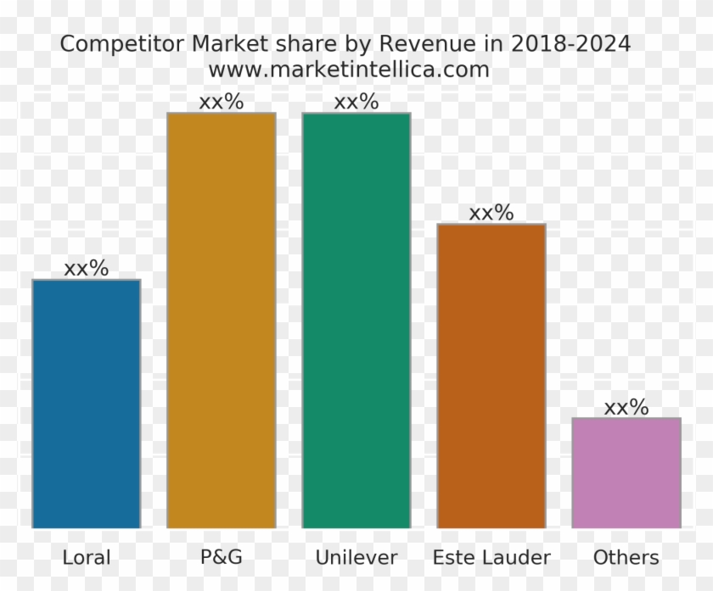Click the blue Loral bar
(x=86, y=404)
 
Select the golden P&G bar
(x=221, y=321)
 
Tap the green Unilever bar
(x=356, y=321)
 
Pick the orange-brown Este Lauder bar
(x=491, y=376)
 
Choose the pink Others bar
(x=626, y=472)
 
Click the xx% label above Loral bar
(x=86, y=269)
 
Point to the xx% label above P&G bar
(x=221, y=102)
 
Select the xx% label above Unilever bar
(x=356, y=102)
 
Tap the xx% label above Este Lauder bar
(x=491, y=213)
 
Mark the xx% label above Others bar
(x=626, y=407)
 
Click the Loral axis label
(x=87, y=557)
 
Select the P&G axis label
(x=222, y=557)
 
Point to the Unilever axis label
(x=356, y=557)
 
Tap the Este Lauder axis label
(x=491, y=557)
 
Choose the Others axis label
(x=626, y=557)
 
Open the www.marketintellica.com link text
(x=349, y=70)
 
